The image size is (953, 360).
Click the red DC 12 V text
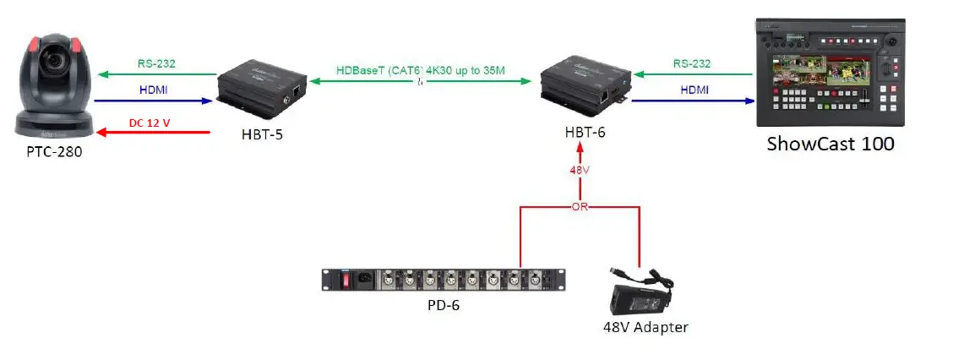(150, 123)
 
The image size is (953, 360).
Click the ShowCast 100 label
(830, 144)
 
